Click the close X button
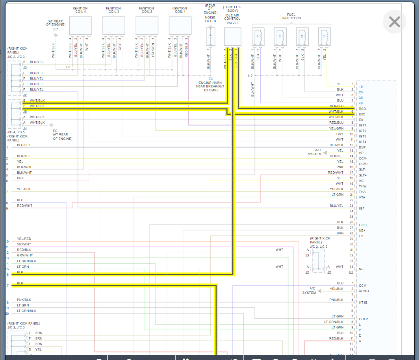(x=394, y=22)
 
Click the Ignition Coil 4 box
(x=80, y=25)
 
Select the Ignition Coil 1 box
(x=180, y=25)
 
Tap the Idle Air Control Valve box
(x=232, y=37)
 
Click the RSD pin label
(x=362, y=109)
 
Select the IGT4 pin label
(x=363, y=142)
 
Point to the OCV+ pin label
(x=363, y=164)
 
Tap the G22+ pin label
(x=363, y=225)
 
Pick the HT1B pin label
(x=363, y=302)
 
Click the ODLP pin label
(x=363, y=319)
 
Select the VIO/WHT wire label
(x=24, y=244)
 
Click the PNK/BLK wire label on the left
(x=24, y=300)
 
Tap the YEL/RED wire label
(x=24, y=239)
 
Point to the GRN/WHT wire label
(x=25, y=255)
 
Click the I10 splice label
(x=250, y=75)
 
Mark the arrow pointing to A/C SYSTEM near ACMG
(x=320, y=291)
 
